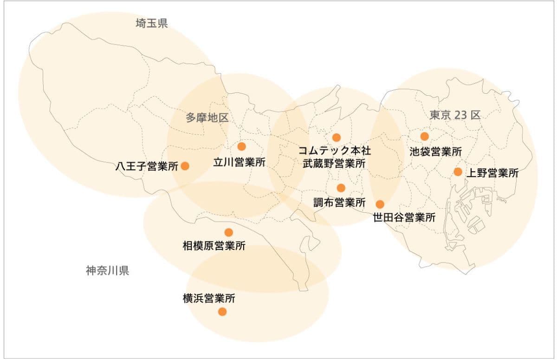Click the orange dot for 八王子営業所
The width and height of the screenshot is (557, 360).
tap(185, 166)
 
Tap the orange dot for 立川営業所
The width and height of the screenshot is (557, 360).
tap(241, 147)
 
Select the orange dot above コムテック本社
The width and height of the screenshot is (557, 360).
tap(337, 137)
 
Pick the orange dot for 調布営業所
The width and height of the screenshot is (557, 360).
tap(341, 188)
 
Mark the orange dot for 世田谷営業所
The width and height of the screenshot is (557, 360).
tap(380, 204)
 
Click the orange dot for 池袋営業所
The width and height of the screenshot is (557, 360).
tap(424, 136)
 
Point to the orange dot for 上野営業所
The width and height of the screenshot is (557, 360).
tap(458, 172)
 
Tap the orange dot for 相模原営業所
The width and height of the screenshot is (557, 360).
tap(228, 232)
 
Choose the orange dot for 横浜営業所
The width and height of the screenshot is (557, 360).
tap(222, 312)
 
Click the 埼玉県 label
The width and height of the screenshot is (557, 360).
tap(152, 23)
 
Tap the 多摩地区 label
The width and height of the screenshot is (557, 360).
tap(207, 118)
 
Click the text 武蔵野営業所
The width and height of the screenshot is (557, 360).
tap(334, 164)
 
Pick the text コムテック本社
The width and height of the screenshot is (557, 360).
tap(334, 151)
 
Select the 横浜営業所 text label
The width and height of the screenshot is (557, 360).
tap(209, 298)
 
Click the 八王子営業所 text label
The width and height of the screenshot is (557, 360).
tap(147, 166)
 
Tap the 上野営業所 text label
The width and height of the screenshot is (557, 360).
tap(492, 173)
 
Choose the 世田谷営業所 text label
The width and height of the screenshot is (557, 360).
tap(404, 217)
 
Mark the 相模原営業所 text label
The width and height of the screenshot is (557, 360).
tap(214, 246)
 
